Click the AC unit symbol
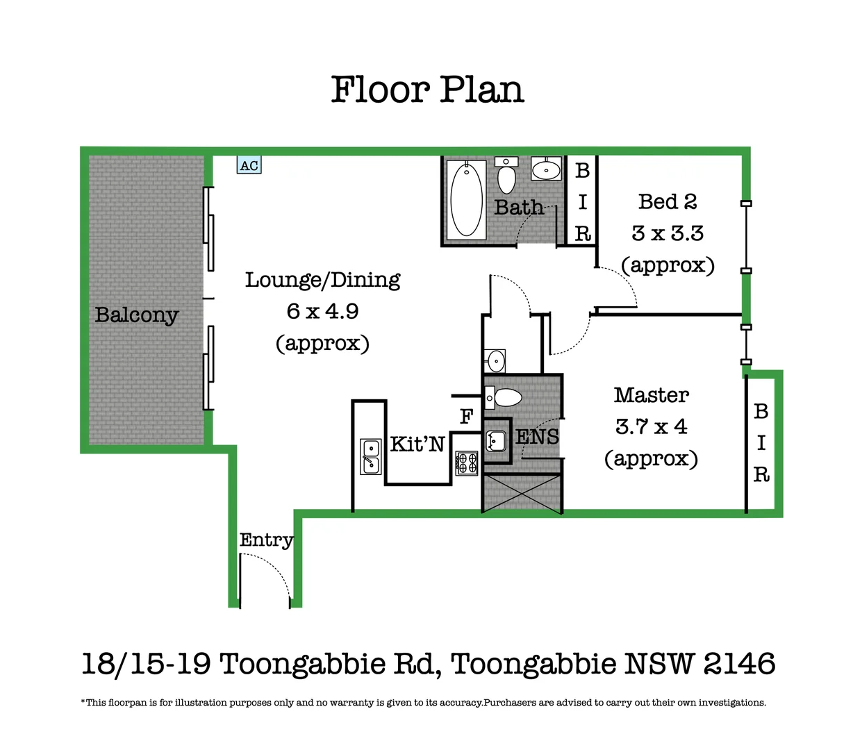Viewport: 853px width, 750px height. coord(249,165)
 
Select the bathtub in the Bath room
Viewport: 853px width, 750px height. coord(466,200)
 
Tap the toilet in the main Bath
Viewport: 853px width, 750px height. coord(506,177)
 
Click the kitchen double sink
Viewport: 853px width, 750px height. coord(370,457)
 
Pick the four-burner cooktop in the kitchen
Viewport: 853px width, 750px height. coord(467,462)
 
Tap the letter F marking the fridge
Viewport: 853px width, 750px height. coord(466,417)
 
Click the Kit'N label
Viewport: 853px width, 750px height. coord(417,444)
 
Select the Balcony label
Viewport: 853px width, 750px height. coord(137,315)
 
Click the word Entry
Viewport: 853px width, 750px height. coord(266,540)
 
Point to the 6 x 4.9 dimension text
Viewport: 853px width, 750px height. coord(322,311)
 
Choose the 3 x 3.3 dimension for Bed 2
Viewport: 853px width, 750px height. coord(668,233)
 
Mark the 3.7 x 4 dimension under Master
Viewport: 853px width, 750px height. coord(651,426)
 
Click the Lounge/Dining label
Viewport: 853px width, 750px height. coord(322,280)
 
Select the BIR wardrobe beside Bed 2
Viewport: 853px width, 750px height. coord(582,201)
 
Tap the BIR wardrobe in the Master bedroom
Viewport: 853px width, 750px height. coord(761,443)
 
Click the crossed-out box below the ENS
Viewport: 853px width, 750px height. coord(522,493)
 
